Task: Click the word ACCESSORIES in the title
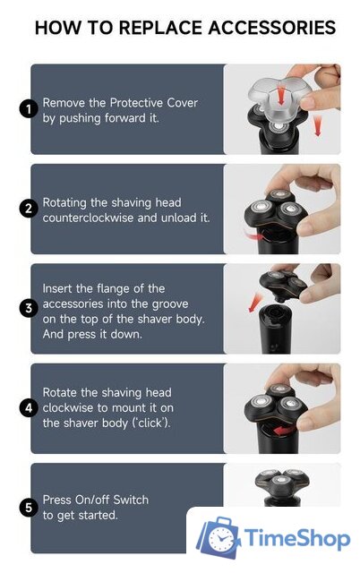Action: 271,28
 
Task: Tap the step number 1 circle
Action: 29,109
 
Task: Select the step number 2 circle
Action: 29,209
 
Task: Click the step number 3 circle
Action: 29,308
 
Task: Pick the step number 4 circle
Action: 29,408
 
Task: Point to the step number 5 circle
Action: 29,508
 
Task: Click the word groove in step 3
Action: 169,304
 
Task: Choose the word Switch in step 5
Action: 131,500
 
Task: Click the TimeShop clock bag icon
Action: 219,538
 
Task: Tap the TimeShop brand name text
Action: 297,538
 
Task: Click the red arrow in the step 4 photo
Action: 284,431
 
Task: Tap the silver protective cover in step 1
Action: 280,98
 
